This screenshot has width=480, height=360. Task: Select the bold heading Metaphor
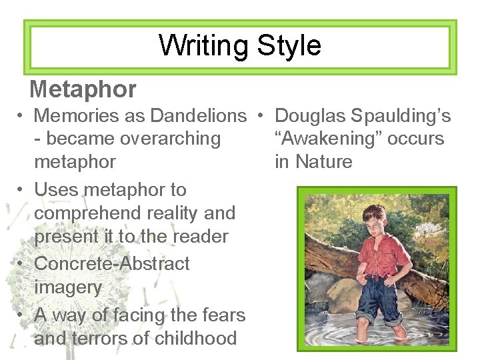tap(83, 89)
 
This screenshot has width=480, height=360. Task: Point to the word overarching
tap(168, 139)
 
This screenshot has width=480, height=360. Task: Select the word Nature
tap(324, 161)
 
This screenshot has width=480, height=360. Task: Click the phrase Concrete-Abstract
tap(111, 263)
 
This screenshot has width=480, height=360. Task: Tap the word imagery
tap(68, 287)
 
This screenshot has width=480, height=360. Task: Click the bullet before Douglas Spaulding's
tap(263, 117)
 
